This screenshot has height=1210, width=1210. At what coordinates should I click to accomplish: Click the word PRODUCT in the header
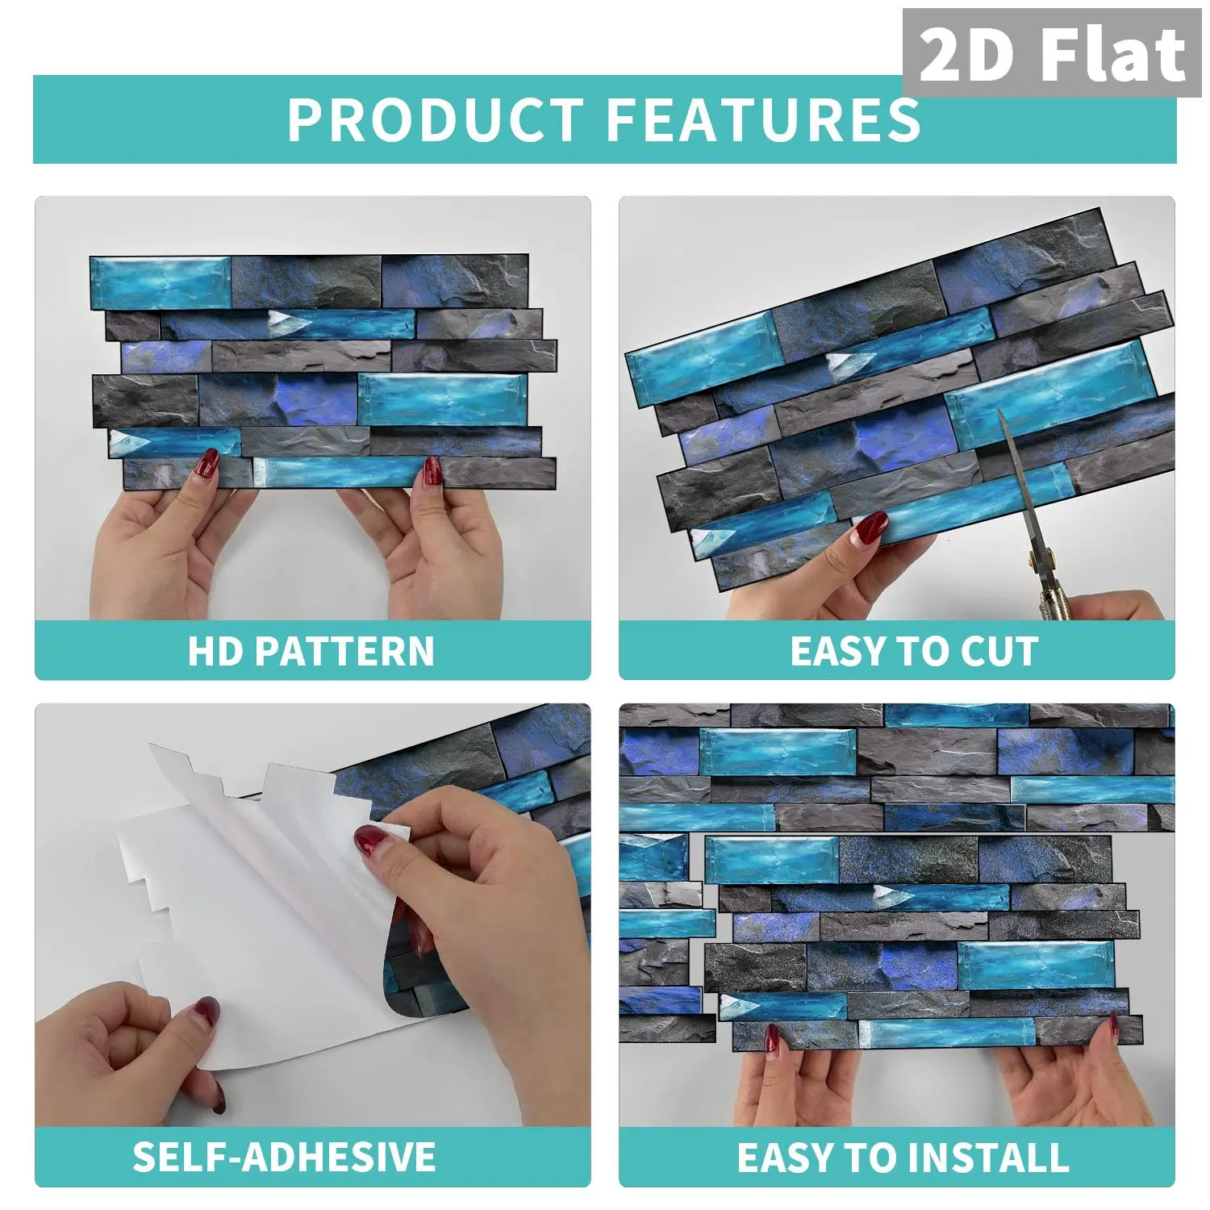pos(435,120)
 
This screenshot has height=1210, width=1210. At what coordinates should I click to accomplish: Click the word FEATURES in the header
pos(763,120)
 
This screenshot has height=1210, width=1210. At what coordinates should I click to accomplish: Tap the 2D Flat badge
pos(1052,53)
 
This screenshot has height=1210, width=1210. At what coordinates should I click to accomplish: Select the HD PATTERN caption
pos(311,651)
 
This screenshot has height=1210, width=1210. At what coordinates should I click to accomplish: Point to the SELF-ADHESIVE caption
pos(284,1156)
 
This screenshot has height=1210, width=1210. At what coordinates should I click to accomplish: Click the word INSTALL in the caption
pos(993,1157)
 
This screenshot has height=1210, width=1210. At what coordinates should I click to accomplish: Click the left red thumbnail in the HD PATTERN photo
pos(207,463)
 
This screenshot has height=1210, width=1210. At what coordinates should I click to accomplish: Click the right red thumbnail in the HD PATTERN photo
pos(432,469)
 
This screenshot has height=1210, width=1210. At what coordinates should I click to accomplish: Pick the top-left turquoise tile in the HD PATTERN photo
pos(161,283)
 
